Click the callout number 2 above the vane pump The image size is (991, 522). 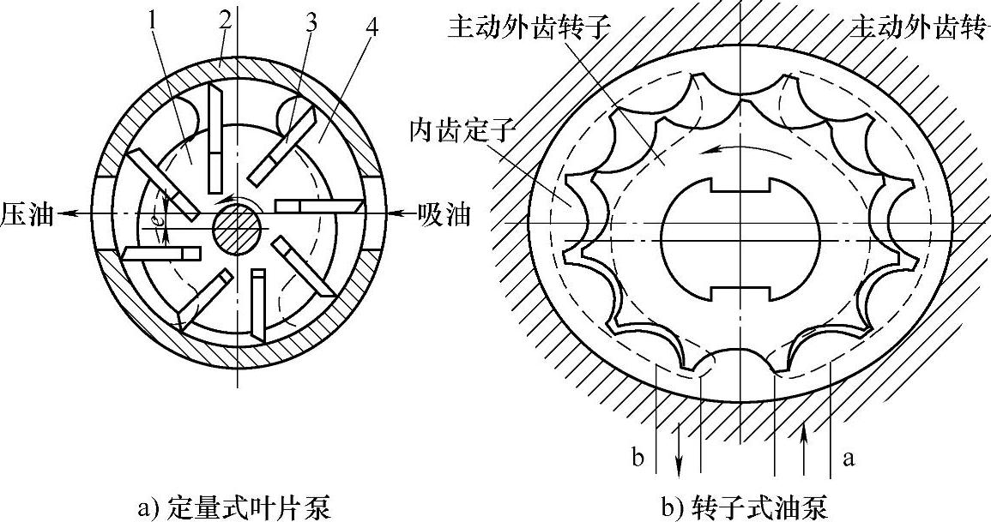pos(224,19)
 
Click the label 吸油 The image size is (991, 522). pos(444,213)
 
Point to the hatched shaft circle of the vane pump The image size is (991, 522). pos(237,228)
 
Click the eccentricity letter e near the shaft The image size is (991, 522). pos(158,219)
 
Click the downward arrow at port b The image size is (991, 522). pos(680,459)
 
